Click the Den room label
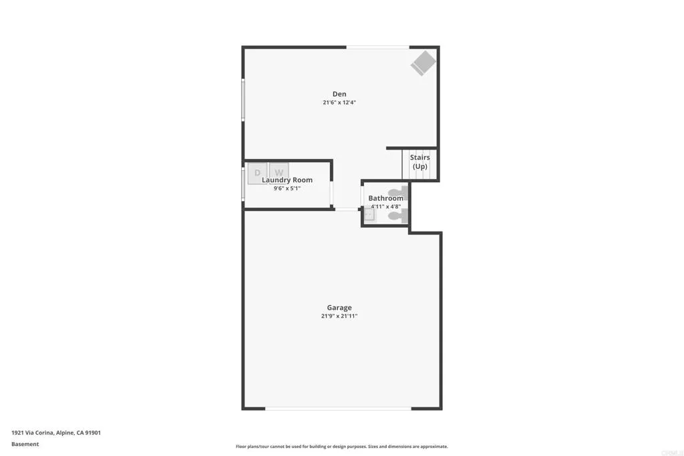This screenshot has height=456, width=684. [x=339, y=94]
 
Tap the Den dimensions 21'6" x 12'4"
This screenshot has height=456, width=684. [x=339, y=103]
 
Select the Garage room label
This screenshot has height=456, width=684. [x=339, y=308]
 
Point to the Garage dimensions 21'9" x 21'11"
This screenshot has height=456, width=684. [x=339, y=316]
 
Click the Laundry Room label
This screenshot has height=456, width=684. [x=287, y=180]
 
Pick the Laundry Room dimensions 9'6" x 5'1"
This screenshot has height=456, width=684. [x=287, y=189]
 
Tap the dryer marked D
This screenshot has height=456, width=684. [x=257, y=173]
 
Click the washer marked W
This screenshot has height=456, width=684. [x=279, y=173]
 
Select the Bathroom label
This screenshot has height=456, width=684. [x=386, y=198]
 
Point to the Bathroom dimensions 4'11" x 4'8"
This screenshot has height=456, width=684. [x=386, y=207]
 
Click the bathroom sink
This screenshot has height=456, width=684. [x=370, y=215]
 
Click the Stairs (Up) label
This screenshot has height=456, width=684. [x=420, y=162]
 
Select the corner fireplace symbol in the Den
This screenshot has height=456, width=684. [x=423, y=63]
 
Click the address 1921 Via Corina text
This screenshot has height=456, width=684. [x=56, y=433]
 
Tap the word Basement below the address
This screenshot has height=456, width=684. [x=25, y=444]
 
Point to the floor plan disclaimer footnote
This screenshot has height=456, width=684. [x=341, y=447]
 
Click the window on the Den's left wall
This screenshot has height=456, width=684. [x=243, y=99]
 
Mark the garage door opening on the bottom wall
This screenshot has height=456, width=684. [x=338, y=408]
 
